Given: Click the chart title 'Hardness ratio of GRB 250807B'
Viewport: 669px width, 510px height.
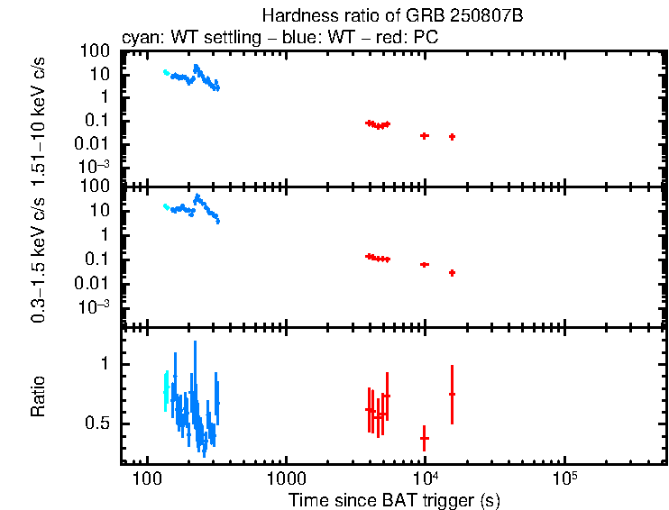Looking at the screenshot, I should point(393,16).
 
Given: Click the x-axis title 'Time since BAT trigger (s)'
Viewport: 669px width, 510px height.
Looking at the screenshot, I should point(394,499).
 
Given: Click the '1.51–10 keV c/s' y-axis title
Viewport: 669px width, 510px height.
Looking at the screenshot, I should point(39,116).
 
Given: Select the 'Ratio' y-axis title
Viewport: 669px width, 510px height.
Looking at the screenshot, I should point(39,396).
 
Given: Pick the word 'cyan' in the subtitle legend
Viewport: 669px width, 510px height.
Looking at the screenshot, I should point(136,39).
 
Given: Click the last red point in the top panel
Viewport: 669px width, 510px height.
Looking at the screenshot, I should point(452,136).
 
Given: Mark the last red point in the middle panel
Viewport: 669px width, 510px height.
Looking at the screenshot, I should point(452,272).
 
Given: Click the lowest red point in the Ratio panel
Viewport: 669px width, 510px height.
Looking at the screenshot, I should point(424,438).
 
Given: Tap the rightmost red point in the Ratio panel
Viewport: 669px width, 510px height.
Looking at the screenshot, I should point(452,394).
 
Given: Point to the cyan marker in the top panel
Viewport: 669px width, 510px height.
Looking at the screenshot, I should point(166,72).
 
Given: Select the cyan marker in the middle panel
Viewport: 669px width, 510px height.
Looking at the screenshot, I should point(166,206).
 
